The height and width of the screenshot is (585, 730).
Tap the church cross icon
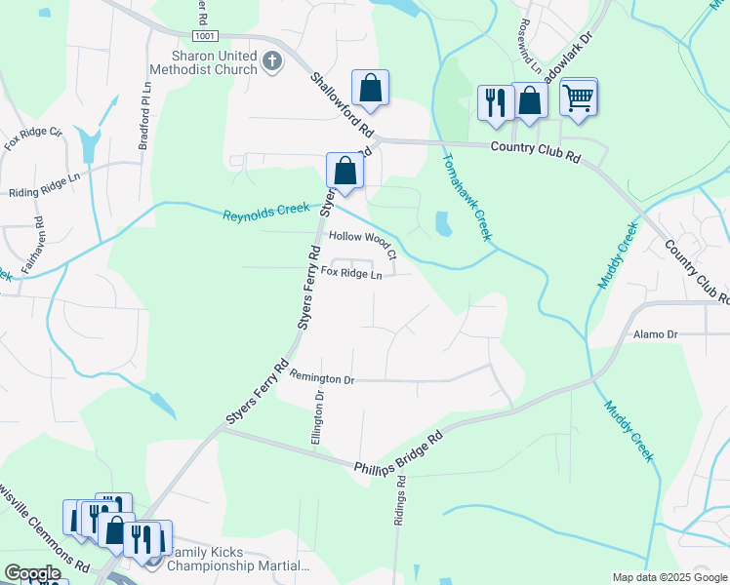coord(272,62)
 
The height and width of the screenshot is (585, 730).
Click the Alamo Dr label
coord(655,333)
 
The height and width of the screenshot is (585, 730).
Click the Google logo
coord(32,573)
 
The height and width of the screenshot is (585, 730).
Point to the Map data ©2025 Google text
coord(669,577)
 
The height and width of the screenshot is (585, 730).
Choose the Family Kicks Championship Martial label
coord(240,558)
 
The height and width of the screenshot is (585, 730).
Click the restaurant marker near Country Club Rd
coord(496,101)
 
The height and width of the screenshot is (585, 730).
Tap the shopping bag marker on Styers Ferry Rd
coord(345,171)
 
